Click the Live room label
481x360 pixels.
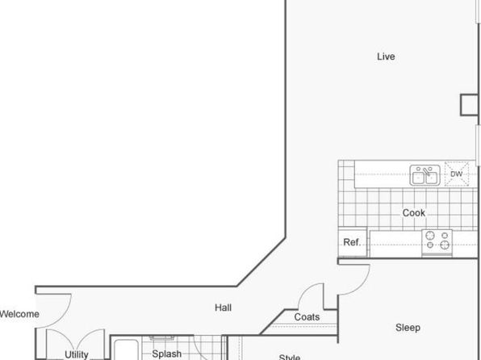(x=386, y=57)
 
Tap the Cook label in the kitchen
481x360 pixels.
(x=413, y=212)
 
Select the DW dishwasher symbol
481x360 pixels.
(x=457, y=174)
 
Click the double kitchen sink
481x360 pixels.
(x=425, y=175)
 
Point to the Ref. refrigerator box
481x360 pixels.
(x=353, y=242)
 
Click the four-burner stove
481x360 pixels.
(x=437, y=242)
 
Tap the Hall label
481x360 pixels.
(x=223, y=308)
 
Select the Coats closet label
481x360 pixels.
(x=307, y=316)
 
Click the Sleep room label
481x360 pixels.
(x=408, y=328)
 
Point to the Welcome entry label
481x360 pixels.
(x=19, y=314)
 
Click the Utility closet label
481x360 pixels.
(x=77, y=354)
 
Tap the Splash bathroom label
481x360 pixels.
(x=166, y=354)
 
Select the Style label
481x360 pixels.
(x=290, y=357)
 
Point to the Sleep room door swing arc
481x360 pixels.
(x=362, y=285)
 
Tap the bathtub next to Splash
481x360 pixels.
(x=126, y=350)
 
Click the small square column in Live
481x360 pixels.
(x=469, y=105)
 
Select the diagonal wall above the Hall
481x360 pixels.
(x=261, y=262)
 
